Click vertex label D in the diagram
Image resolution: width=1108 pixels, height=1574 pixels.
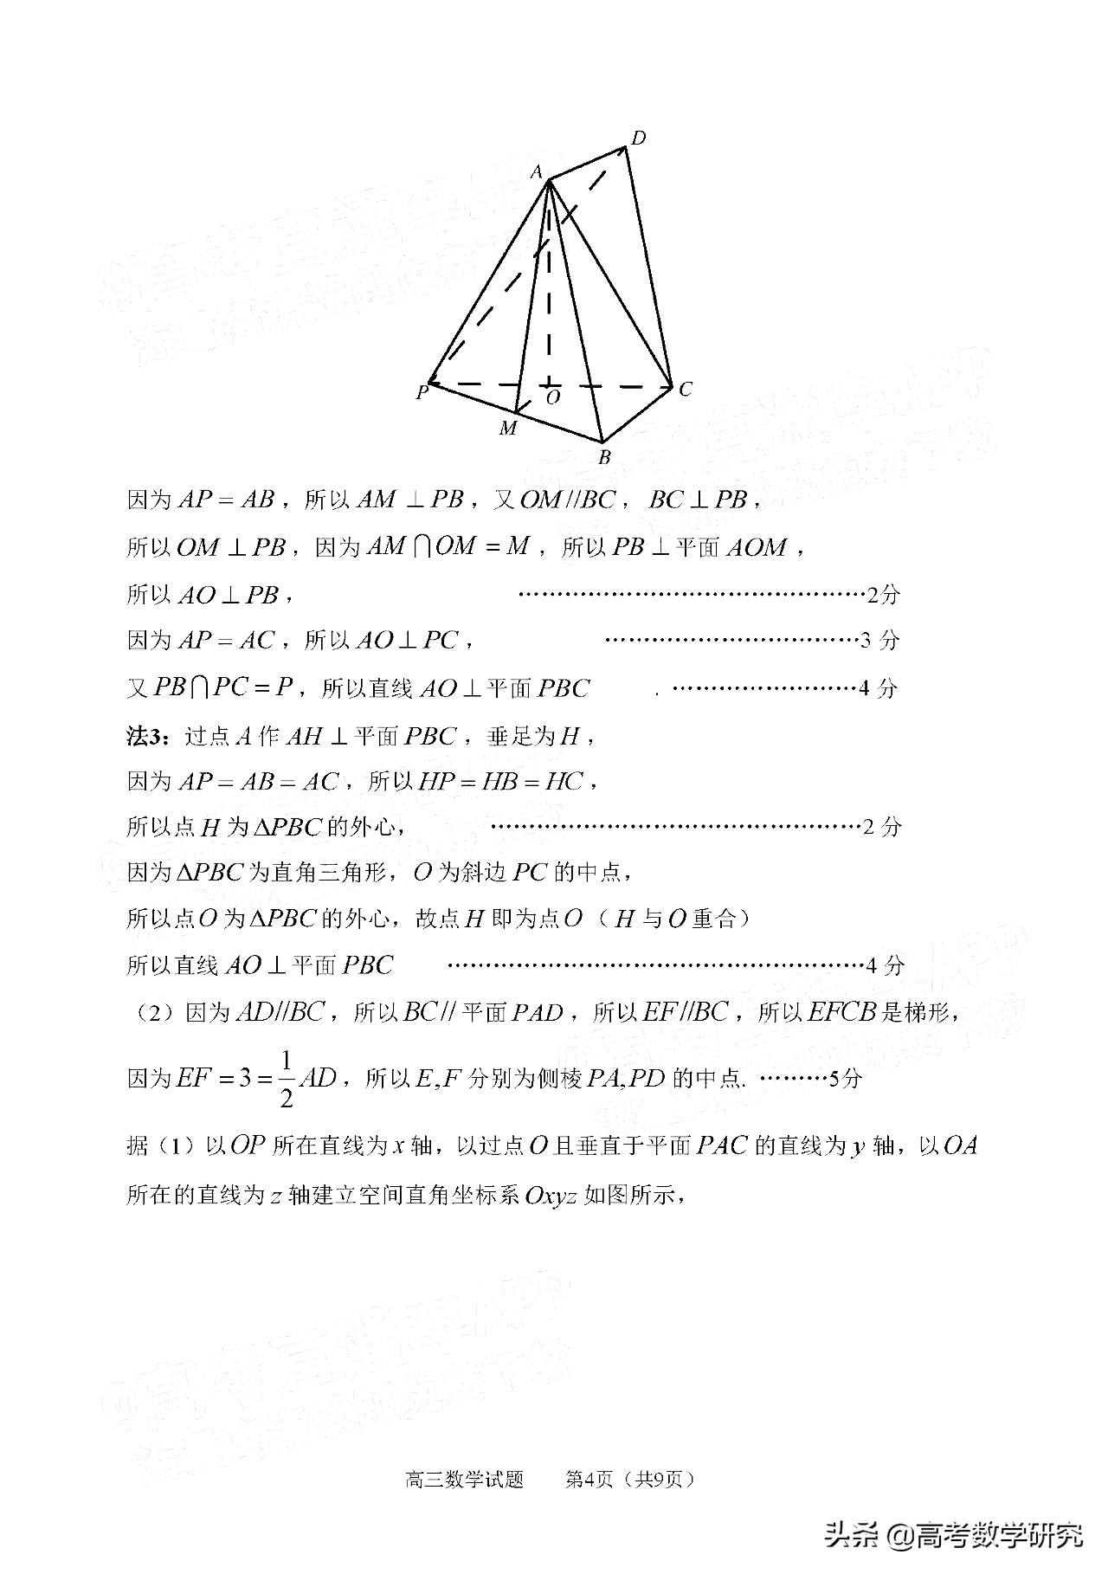coord(639,138)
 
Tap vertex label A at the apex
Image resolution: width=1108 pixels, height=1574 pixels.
coord(537,172)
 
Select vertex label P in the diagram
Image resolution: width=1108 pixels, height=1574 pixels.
coord(422,393)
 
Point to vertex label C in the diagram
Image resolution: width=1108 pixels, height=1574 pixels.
coord(685,390)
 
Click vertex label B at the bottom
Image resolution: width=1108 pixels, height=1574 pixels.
coord(605,457)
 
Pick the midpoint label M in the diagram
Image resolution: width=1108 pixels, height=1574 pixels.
coord(507,429)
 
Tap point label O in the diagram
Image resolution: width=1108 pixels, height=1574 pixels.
coord(553,397)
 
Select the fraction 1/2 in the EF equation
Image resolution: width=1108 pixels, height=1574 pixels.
coord(287,1080)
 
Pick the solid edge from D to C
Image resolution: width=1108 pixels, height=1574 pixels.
coord(648,268)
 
